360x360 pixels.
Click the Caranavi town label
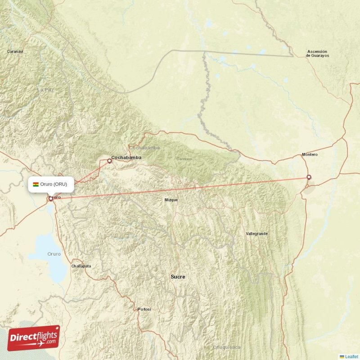(x=15, y=52)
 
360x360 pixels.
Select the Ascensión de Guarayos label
(x=318, y=54)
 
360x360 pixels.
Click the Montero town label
(x=310, y=155)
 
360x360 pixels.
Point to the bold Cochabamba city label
(x=126, y=158)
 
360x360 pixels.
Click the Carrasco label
(x=184, y=159)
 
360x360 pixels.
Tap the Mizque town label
(x=171, y=200)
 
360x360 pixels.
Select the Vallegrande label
(x=257, y=234)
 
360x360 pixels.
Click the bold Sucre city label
(x=178, y=277)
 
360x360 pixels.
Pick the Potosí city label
(x=144, y=310)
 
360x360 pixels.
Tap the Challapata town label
(x=81, y=266)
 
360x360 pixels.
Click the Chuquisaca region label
(x=227, y=347)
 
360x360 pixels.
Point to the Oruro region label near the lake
(x=54, y=254)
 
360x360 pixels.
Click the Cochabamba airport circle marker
(x=109, y=160)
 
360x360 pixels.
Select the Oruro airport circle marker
(x=50, y=198)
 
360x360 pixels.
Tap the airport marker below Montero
(x=309, y=177)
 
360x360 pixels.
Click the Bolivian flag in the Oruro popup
(x=36, y=184)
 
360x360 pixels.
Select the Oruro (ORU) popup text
(x=54, y=184)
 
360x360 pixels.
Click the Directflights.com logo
(x=33, y=338)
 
